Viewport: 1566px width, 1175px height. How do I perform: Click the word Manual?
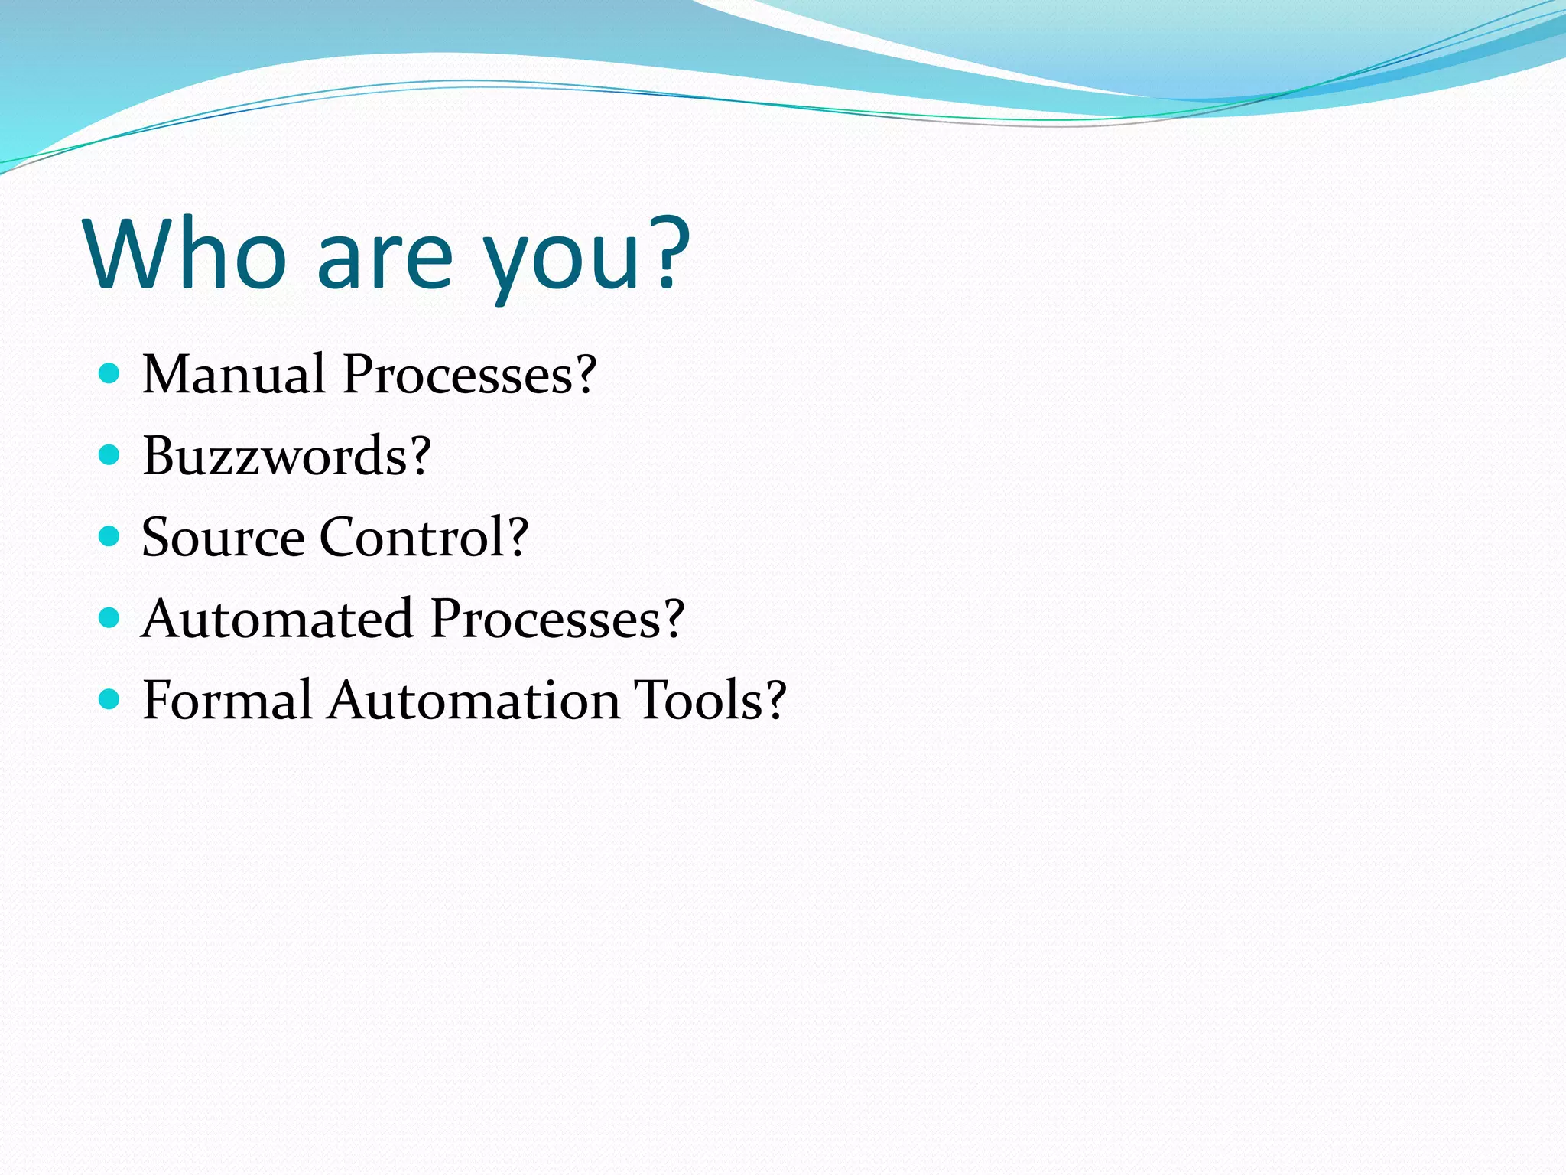point(234,374)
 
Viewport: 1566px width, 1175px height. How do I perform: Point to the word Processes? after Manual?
point(469,374)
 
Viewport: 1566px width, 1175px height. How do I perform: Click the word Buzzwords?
point(287,456)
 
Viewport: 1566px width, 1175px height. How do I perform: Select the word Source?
point(223,537)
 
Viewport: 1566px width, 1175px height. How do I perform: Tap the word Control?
point(424,537)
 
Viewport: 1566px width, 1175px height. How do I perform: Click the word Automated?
point(277,618)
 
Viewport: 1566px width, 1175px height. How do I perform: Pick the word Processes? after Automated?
point(557,618)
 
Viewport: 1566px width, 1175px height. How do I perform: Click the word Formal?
point(227,700)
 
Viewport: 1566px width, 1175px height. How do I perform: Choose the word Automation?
point(473,700)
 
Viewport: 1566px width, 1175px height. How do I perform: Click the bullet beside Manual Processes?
point(110,373)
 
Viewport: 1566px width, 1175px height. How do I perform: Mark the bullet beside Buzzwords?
point(110,455)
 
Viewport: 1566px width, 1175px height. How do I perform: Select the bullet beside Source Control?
point(110,536)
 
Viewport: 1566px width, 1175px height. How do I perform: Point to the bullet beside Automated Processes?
point(110,617)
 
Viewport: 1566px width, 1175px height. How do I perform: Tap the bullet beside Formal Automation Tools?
point(110,698)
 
